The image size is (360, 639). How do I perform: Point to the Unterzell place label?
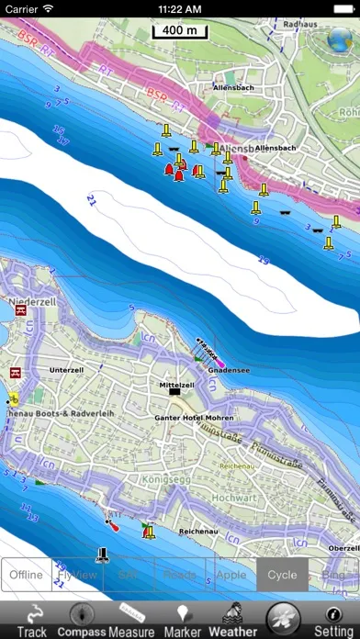(65, 370)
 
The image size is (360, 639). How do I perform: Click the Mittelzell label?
(176, 385)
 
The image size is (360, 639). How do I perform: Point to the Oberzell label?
(343, 547)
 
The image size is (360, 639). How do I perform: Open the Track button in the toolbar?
(32, 620)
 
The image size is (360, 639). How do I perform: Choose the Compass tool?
(82, 620)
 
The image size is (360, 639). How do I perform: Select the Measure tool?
(131, 620)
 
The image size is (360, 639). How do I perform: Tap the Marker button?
(182, 620)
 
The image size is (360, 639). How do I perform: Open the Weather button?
(232, 620)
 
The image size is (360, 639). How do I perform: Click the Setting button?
(333, 620)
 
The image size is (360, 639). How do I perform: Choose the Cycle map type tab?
(282, 575)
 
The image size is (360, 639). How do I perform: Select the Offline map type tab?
(27, 575)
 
